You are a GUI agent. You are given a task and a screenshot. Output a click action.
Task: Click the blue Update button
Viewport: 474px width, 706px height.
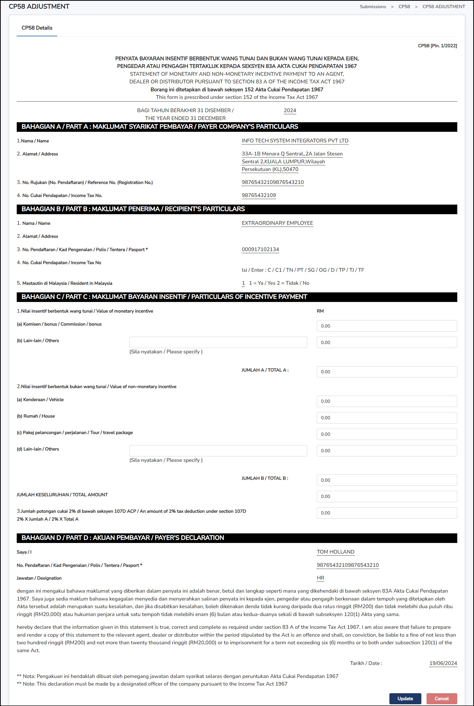coord(405,698)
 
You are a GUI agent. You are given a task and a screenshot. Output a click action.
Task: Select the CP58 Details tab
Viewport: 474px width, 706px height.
coord(37,28)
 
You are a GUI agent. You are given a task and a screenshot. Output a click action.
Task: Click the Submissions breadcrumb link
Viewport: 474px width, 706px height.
coord(372,7)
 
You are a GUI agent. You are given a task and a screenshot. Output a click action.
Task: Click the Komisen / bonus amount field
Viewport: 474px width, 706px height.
coord(386,326)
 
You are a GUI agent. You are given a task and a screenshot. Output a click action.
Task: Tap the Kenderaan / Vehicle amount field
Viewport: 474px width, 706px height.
coord(386,401)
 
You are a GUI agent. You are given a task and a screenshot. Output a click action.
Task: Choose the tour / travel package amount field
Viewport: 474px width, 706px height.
coord(386,434)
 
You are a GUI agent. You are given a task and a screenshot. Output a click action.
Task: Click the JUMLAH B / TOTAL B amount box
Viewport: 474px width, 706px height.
coord(386,480)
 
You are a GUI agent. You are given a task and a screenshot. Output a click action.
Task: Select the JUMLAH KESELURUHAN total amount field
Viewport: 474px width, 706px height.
coord(386,496)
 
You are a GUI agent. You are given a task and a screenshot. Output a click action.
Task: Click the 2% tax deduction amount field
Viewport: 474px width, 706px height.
coord(386,513)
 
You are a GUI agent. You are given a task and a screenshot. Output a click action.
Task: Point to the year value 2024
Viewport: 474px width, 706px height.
coord(290,110)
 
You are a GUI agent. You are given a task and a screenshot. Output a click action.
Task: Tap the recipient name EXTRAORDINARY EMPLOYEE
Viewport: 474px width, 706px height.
coord(277,223)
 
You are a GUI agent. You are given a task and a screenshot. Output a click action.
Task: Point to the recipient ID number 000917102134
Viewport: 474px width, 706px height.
coord(260,249)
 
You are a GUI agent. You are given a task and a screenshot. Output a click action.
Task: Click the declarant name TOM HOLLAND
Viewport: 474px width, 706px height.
coord(335,552)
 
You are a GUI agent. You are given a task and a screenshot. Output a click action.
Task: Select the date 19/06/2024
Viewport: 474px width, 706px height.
coord(443,663)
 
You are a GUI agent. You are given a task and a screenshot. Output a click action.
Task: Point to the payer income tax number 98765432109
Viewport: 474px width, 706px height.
coord(259,195)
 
